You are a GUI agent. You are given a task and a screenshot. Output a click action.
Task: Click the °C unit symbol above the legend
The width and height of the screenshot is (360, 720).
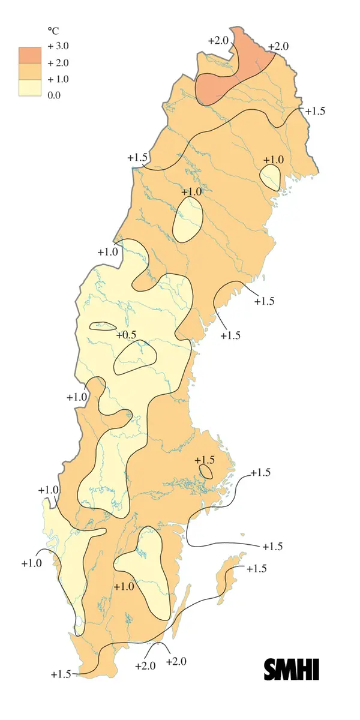[52, 30]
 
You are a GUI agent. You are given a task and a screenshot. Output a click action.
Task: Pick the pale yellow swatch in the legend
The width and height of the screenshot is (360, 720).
[28, 88]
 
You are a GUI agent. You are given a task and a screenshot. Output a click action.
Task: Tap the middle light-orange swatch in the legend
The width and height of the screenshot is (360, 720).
[28, 71]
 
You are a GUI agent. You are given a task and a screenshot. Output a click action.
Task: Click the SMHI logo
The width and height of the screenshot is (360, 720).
[292, 669]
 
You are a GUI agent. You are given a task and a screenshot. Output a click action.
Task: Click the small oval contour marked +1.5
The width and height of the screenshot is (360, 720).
[206, 472]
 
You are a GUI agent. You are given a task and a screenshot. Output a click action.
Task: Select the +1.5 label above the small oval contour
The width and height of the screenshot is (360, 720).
[204, 460]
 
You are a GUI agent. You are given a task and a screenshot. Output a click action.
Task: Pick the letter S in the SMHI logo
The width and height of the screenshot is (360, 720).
[271, 669]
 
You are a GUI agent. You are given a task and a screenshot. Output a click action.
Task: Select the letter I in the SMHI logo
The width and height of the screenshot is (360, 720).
[315, 669]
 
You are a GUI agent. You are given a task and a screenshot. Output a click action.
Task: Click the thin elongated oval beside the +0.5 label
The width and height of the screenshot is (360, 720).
[103, 326]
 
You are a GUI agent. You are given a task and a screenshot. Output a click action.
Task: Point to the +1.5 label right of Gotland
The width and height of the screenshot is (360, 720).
[257, 568]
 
